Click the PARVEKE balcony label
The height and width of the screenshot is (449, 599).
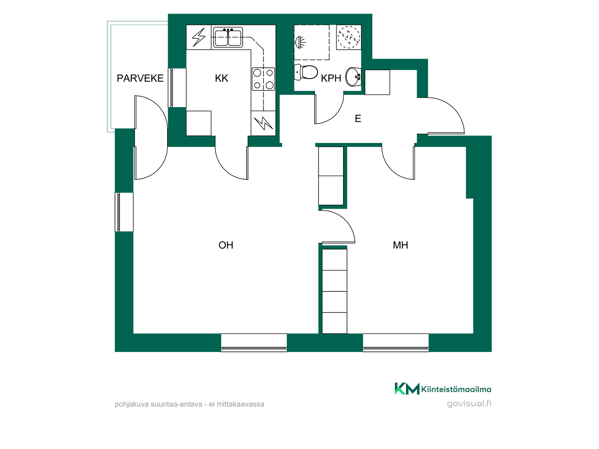point(140,78)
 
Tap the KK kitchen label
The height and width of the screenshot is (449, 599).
point(222,78)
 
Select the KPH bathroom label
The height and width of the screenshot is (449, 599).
point(331,78)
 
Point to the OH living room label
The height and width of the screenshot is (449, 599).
point(226,245)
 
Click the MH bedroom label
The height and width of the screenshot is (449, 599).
point(400,245)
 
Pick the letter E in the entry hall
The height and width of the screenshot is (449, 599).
point(358,118)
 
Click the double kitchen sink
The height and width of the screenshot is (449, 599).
point(228,37)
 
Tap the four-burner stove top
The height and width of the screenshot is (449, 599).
point(263,79)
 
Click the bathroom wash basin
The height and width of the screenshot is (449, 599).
point(353,76)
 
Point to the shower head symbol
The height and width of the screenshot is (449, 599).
point(300,42)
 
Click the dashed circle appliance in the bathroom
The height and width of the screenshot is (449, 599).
point(349,37)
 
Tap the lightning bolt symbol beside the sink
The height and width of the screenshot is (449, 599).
point(199,37)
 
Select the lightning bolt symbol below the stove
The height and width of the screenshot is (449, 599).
point(263,123)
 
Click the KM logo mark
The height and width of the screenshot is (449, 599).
point(407,389)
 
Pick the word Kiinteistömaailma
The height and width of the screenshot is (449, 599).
point(456,389)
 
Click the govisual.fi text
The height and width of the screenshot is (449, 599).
point(469,404)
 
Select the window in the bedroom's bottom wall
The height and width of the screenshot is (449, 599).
point(396,343)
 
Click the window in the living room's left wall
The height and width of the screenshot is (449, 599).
point(124,212)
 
